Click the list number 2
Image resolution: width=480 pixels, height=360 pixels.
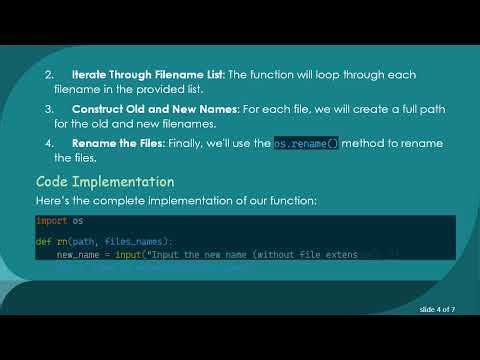pyautogui.click(x=49, y=75)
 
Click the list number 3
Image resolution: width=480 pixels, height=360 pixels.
pyautogui.click(x=49, y=109)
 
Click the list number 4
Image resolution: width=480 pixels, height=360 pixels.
pyautogui.click(x=49, y=143)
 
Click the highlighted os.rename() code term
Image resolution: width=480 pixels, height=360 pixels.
pyautogui.click(x=306, y=143)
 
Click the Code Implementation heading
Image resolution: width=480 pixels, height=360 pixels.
pyautogui.click(x=105, y=182)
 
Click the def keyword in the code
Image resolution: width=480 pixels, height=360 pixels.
pyautogui.click(x=43, y=241)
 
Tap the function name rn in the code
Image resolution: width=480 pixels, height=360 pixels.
pyautogui.click(x=61, y=241)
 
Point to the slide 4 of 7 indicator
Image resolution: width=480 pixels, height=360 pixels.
pyautogui.click(x=438, y=311)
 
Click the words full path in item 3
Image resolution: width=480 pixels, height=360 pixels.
pyautogui.click(x=404, y=109)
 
